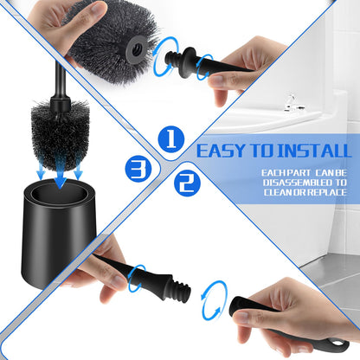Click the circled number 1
170,139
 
